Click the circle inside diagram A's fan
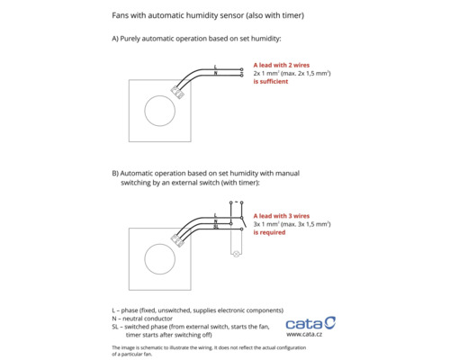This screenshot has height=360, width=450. click(159, 95)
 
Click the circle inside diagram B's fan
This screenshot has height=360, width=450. click(159, 244)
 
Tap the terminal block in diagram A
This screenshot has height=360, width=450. click(177, 92)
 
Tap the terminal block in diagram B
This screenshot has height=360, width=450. click(177, 240)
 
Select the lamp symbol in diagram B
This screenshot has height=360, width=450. click(237, 254)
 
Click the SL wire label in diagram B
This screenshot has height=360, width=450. click(216, 227)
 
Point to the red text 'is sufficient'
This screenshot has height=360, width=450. click(271, 82)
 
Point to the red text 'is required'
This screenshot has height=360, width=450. click(269, 232)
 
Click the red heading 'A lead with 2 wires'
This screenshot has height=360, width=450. click(282, 65)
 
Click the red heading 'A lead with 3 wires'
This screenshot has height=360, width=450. click(282, 216)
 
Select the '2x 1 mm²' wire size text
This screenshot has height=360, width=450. click(266, 74)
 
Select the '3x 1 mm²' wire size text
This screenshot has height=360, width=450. click(266, 224)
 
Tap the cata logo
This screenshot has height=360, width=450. click(310, 323)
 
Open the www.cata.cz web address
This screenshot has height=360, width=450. click(304, 334)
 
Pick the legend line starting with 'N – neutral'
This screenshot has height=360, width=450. click(142, 319)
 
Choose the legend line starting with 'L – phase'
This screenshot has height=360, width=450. click(198, 310)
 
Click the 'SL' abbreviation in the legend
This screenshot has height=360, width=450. click(115, 327)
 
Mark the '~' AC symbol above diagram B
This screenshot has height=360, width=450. click(237, 202)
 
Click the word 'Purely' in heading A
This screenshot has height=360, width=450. click(130, 39)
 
